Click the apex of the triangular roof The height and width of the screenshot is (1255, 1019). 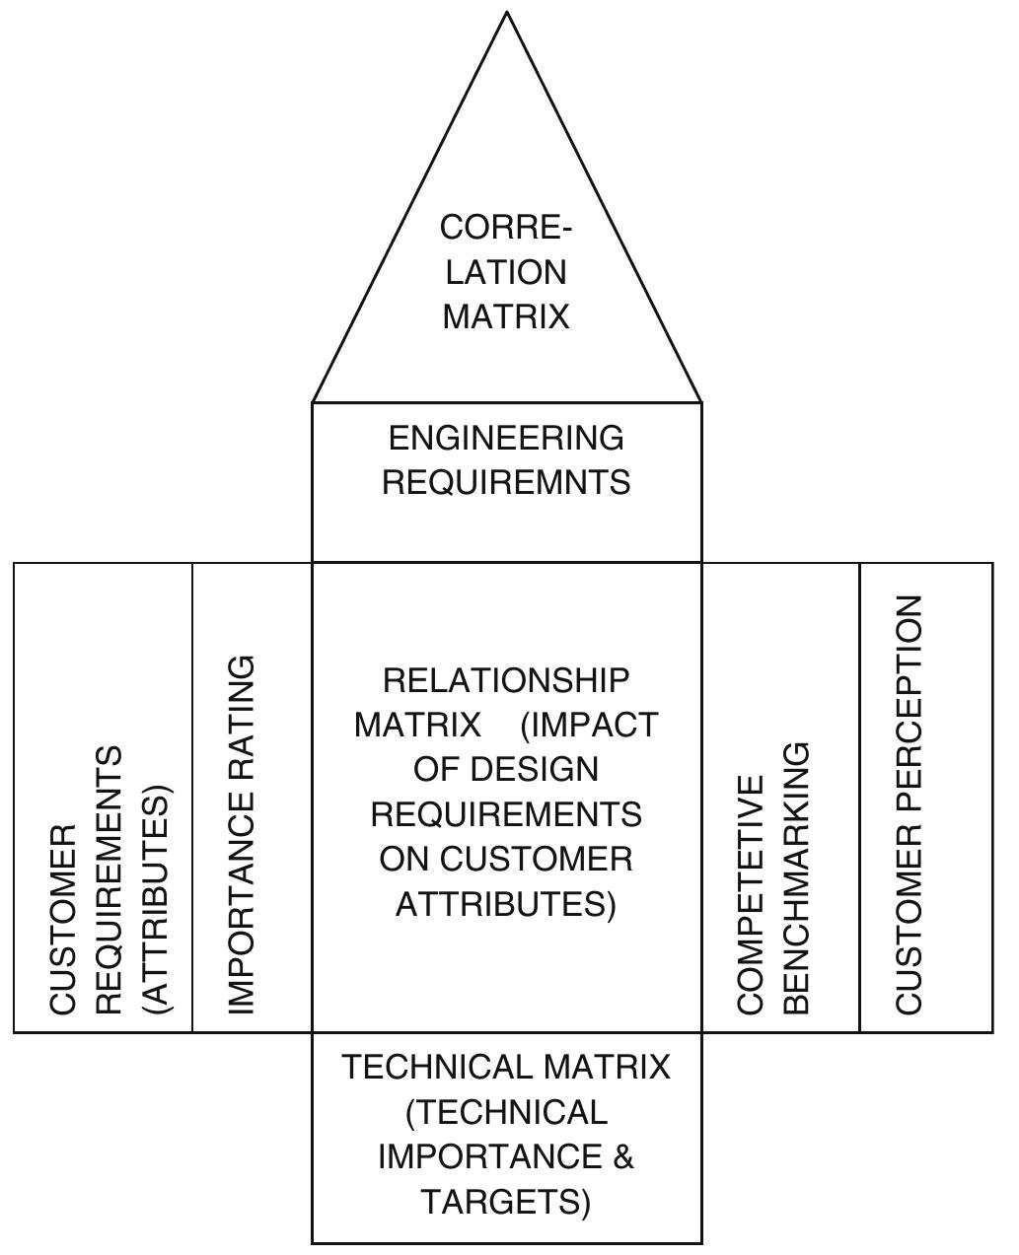tap(507, 14)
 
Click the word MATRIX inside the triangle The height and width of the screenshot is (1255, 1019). tap(506, 316)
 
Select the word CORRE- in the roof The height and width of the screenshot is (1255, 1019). tap(506, 228)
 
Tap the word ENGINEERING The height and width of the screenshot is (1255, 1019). tap(506, 438)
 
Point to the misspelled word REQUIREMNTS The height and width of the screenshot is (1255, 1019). tap(506, 482)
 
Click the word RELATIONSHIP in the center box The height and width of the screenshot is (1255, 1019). tap(506, 680)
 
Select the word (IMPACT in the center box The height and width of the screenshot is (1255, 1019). tap(589, 726)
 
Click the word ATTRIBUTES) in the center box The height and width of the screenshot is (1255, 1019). tap(506, 904)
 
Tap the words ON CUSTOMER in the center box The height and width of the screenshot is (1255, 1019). tap(506, 859)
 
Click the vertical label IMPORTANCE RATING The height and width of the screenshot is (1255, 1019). tap(242, 834)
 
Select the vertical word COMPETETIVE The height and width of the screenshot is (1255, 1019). tap(752, 894)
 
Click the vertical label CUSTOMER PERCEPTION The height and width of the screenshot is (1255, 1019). tap(910, 803)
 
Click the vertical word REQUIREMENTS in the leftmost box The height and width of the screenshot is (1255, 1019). tap(109, 879)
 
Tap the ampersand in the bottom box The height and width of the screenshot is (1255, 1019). tap(623, 1156)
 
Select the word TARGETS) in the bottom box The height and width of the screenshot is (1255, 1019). tap(506, 1202)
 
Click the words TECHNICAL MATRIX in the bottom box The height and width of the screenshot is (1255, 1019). tap(506, 1067)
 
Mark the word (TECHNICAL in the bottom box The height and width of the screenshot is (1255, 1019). tap(506, 1112)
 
